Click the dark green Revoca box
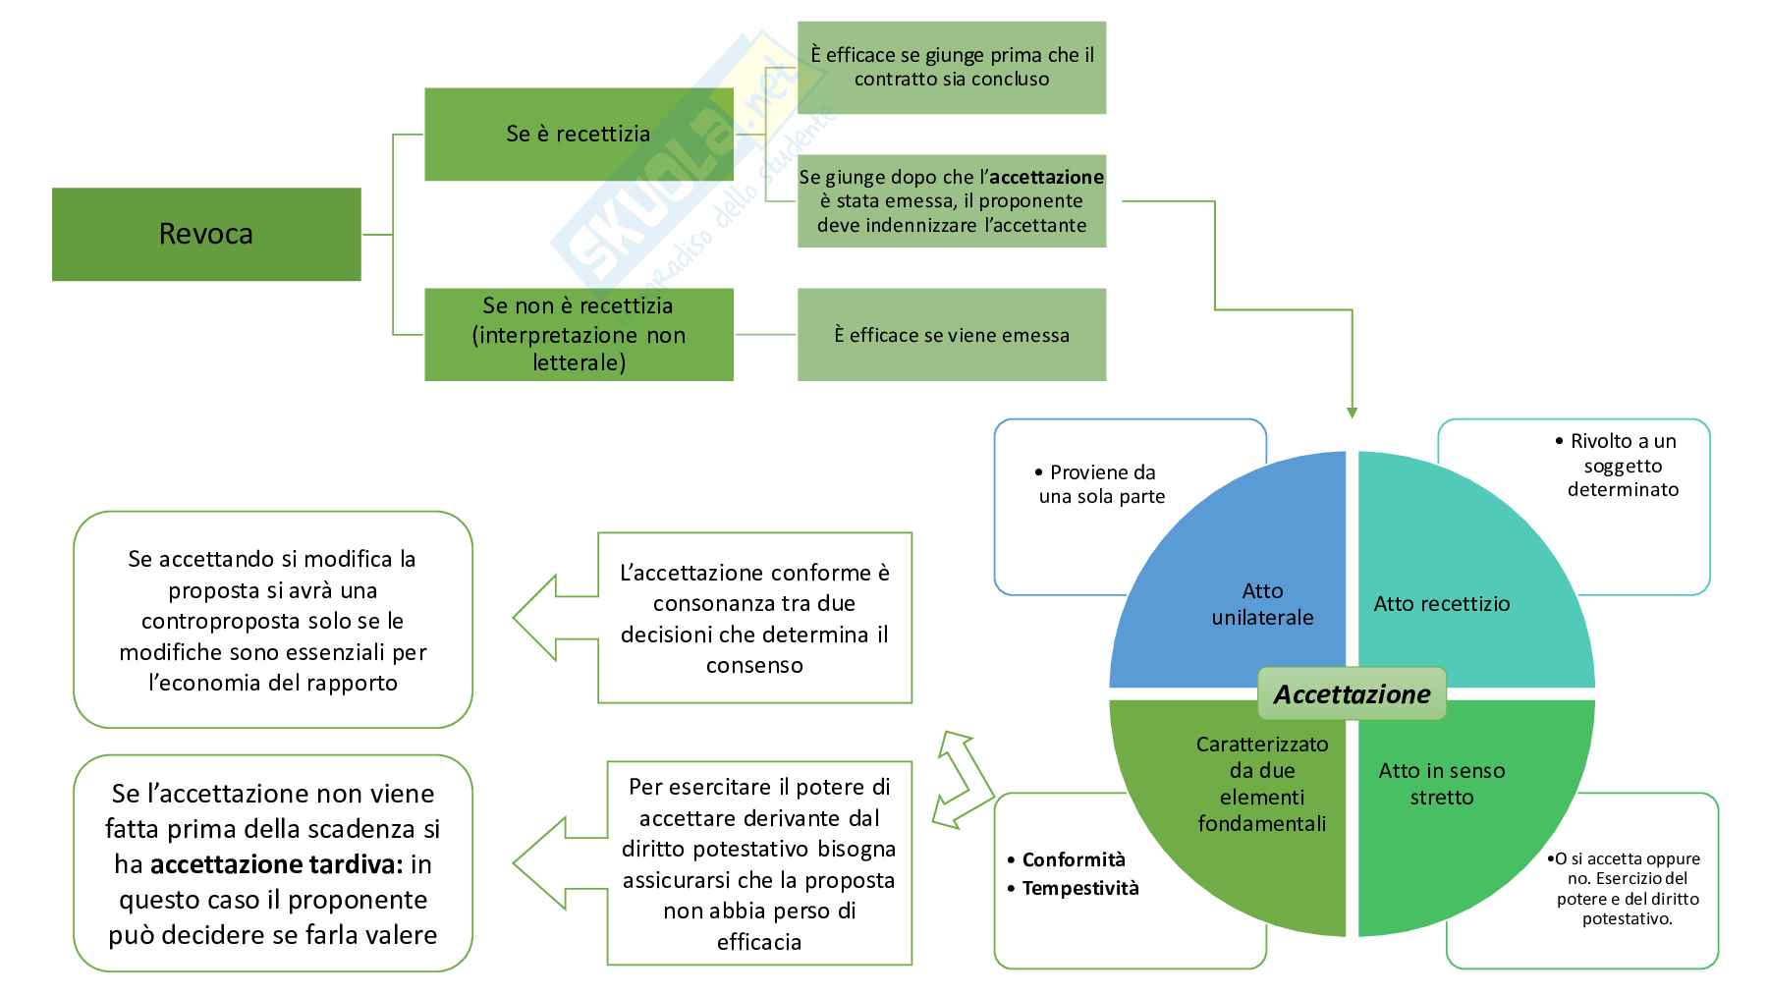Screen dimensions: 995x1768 click(x=206, y=234)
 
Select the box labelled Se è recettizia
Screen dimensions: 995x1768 click(x=579, y=134)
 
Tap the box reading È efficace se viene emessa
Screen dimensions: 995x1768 click(x=951, y=335)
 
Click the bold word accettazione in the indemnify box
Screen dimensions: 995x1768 click(x=1046, y=178)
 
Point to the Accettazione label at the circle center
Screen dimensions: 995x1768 click(x=1352, y=694)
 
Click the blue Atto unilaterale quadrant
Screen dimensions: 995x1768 click(x=1262, y=603)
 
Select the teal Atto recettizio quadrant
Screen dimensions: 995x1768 click(x=1441, y=603)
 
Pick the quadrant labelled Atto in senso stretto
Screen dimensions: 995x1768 click(x=1441, y=784)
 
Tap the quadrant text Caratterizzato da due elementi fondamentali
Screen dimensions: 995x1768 click(x=1261, y=784)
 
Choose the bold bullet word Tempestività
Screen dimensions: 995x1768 click(x=1080, y=889)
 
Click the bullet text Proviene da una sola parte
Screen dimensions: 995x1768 click(x=1101, y=484)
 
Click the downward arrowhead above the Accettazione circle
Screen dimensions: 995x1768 click(x=1352, y=413)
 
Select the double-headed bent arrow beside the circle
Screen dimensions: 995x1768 click(x=964, y=780)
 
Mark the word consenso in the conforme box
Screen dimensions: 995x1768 click(x=754, y=665)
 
